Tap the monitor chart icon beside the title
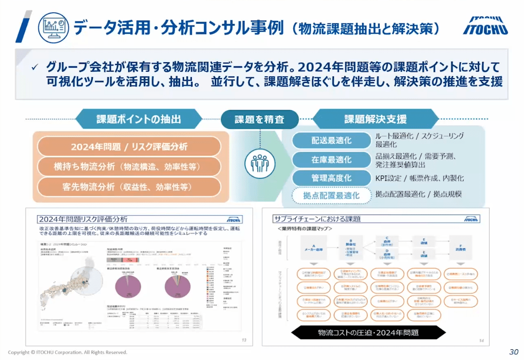tap(53, 27)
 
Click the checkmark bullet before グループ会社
tap(34, 68)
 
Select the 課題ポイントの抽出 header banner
tap(138, 119)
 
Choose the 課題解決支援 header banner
tap(375, 119)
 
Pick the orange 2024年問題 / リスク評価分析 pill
tap(129, 146)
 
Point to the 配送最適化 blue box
tap(331, 141)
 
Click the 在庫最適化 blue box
tap(331, 159)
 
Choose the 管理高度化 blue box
tap(331, 178)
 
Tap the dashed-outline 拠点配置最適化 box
tap(331, 196)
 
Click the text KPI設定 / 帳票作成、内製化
tap(420, 178)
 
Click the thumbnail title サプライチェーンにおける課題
tap(317, 219)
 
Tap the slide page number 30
tap(514, 352)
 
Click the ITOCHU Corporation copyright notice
tap(68, 352)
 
